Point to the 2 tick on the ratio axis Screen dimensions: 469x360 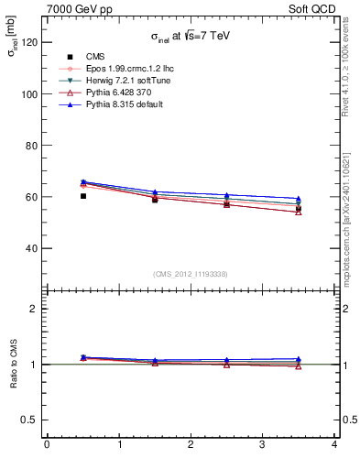click(x=35, y=309)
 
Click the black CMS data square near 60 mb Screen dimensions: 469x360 click(x=83, y=196)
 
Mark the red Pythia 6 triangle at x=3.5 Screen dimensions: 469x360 click(x=299, y=212)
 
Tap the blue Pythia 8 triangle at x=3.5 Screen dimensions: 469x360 click(x=299, y=198)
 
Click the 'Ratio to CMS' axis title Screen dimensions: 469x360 click(x=14, y=364)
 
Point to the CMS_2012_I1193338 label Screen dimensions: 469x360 click(x=190, y=274)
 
